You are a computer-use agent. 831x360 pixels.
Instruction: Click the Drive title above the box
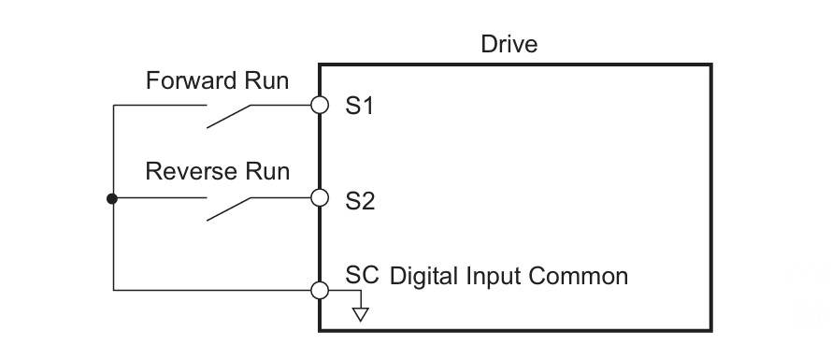coord(509,44)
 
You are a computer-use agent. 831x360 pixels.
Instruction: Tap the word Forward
coord(192,81)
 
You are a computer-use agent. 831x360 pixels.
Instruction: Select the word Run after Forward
coord(266,81)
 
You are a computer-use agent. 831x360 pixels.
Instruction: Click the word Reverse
coord(192,172)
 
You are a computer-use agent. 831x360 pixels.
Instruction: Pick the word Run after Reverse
coord(266,172)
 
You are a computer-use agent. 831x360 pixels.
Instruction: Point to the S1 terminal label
coord(359,106)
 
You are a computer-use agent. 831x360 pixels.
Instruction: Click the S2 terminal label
coord(360,201)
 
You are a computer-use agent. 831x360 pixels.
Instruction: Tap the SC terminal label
coord(362,275)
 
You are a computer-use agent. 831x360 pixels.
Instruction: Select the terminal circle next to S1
coord(320,105)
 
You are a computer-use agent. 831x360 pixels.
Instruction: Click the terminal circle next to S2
coord(320,197)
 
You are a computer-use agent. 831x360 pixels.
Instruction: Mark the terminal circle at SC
coord(320,291)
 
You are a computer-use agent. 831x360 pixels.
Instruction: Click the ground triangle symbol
coord(361,314)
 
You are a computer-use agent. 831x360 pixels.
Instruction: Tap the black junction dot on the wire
coord(112,199)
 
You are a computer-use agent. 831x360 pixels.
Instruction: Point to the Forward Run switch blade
coord(228,116)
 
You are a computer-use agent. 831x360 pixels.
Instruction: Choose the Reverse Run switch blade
coord(228,209)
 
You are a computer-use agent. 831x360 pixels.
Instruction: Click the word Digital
coord(424,277)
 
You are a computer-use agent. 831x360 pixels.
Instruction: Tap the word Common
coord(579,277)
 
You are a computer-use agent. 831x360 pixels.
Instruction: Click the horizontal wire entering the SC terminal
coord(212,290)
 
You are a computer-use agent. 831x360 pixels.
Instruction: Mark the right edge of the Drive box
coord(711,197)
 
